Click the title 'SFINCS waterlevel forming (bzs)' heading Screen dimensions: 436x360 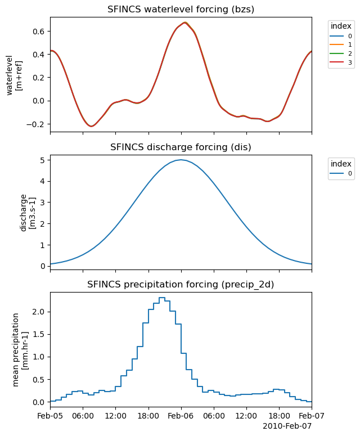coord(181,10)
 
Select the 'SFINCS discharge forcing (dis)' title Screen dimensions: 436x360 coord(181,147)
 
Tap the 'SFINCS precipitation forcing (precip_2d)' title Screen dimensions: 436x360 coord(181,285)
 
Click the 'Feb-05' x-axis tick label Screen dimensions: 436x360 coord(50,416)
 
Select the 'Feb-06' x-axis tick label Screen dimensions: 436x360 coord(181,416)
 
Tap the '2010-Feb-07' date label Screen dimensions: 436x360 coord(287,426)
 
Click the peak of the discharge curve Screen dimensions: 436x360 coord(181,160)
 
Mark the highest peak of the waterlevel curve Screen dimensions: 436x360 coord(184,23)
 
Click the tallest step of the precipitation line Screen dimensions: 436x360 coord(161,298)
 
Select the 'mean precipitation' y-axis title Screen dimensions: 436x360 coord(16,349)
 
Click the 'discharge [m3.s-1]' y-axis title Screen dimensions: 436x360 coord(28,212)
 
